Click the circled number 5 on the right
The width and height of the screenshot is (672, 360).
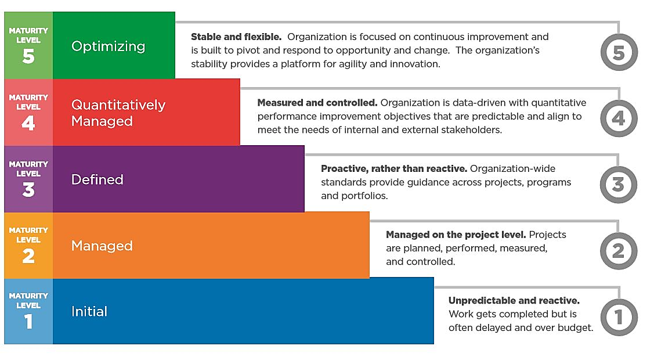(619, 52)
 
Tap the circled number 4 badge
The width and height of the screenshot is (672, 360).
(619, 118)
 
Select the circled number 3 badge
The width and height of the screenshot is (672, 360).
(619, 185)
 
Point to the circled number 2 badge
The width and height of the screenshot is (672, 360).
(619, 251)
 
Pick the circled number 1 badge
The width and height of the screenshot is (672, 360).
(619, 317)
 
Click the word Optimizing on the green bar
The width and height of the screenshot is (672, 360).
(108, 46)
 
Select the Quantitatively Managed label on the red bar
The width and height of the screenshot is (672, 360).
(118, 113)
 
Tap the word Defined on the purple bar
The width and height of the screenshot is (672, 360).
(97, 179)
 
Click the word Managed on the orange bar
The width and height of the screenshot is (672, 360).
(102, 246)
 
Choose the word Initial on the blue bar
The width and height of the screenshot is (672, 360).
(89, 311)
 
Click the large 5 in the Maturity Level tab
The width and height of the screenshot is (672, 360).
(28, 57)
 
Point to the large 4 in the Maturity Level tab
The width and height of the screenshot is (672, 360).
(28, 123)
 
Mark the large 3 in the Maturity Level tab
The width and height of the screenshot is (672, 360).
(28, 189)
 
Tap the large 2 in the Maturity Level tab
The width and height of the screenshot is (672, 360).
(28, 255)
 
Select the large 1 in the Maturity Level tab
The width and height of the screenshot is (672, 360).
(28, 321)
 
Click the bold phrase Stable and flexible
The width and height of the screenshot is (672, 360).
(236, 37)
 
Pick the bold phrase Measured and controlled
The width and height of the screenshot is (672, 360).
(317, 103)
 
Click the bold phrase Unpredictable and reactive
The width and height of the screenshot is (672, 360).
(514, 301)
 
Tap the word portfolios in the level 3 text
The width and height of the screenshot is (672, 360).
(364, 196)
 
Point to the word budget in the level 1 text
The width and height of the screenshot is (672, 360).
(577, 327)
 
